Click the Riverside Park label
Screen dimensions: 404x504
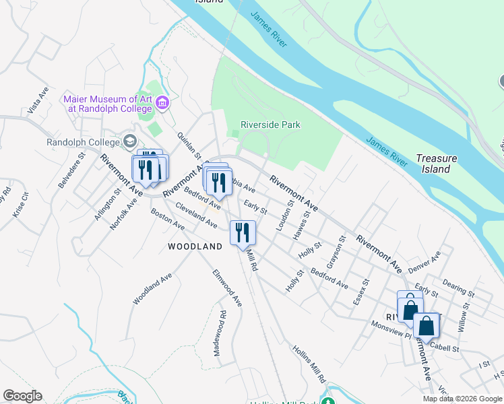271,125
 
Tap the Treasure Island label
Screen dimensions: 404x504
436,164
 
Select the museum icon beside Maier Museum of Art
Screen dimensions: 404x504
162,103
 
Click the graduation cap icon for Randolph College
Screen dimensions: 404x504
130,141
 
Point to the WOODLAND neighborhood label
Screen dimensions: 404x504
195,247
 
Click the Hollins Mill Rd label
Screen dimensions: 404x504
309,364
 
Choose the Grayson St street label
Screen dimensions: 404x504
336,250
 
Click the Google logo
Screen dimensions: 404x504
22,396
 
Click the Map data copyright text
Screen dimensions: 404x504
462,399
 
